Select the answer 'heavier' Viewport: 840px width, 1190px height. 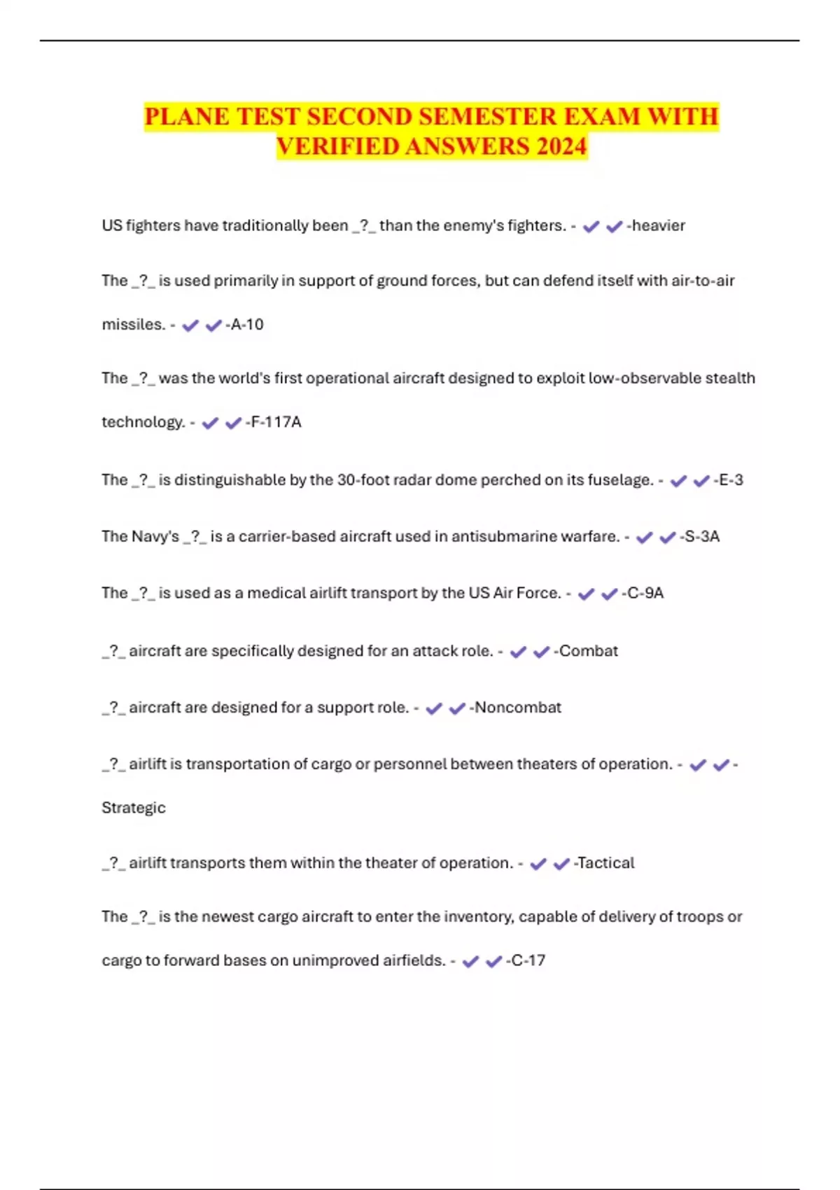click(x=658, y=225)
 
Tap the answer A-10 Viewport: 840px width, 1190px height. click(x=247, y=325)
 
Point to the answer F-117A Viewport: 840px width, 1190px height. click(x=276, y=422)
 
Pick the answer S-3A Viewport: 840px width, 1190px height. click(x=701, y=537)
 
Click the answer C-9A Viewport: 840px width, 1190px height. click(x=645, y=594)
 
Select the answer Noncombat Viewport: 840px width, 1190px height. click(x=518, y=708)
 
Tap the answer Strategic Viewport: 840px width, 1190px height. click(x=134, y=808)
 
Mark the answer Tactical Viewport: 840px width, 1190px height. click(x=606, y=863)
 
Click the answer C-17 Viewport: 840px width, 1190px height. click(x=528, y=960)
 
